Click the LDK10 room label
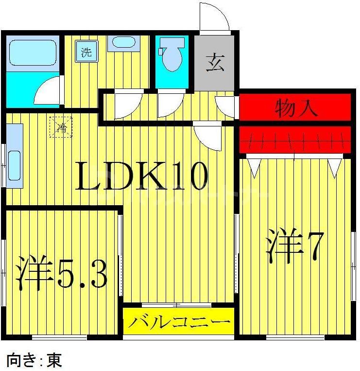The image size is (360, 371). point(141,176)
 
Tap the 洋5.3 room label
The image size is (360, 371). point(62,274)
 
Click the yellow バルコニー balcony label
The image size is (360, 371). point(178,322)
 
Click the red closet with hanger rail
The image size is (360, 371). point(294,139)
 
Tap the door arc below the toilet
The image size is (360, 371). point(168,104)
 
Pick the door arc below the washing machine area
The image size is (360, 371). point(128,104)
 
